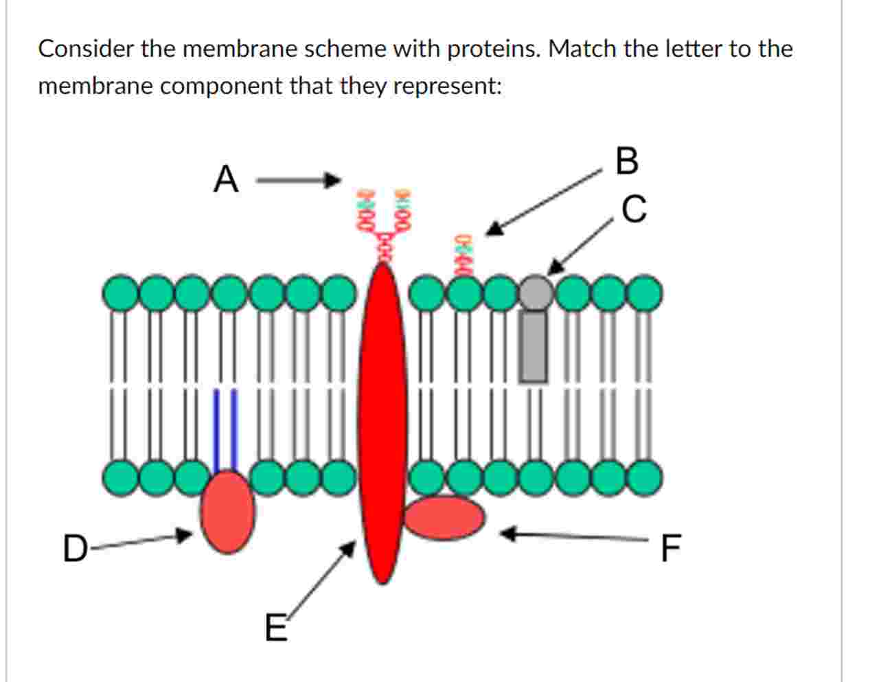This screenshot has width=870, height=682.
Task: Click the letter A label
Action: (x=226, y=181)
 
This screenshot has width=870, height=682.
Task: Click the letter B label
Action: (x=627, y=161)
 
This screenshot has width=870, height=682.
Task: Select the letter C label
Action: (x=634, y=209)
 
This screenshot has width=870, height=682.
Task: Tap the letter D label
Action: (x=75, y=549)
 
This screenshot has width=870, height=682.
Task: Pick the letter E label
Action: (x=276, y=628)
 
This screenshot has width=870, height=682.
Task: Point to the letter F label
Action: (x=670, y=548)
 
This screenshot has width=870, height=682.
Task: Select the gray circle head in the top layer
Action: (x=536, y=292)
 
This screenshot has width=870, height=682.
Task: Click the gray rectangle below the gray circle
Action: (x=534, y=346)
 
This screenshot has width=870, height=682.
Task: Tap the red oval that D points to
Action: (x=228, y=512)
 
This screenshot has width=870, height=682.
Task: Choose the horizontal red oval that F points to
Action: (x=444, y=517)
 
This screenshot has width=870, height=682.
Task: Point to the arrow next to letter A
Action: (x=298, y=181)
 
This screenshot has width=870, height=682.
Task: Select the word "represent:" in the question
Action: (x=448, y=86)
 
